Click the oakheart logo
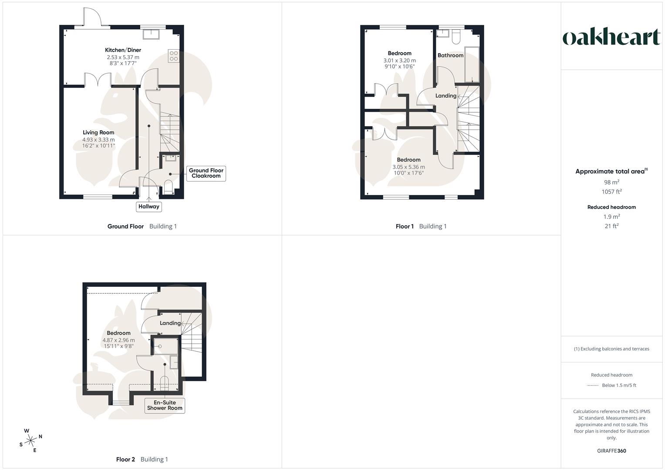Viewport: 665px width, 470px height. tap(611, 37)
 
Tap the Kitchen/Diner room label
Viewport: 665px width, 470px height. tap(123, 50)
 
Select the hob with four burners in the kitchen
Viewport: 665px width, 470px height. tap(173, 56)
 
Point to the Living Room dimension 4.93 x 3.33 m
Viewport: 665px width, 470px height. tap(98, 140)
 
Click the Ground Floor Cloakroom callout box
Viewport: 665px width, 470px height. tap(206, 173)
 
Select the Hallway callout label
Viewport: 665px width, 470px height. tap(149, 207)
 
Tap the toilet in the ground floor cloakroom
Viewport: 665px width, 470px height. tap(168, 188)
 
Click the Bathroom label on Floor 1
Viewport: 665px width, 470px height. tap(450, 55)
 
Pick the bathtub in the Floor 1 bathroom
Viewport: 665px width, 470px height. tap(472, 64)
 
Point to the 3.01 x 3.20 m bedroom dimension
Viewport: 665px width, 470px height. tap(399, 60)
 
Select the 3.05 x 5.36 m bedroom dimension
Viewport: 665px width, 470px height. tap(408, 167)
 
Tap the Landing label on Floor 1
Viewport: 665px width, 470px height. tap(446, 96)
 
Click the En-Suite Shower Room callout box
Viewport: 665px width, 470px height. tap(165, 406)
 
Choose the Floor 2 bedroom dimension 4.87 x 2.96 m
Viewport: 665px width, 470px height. tap(118, 340)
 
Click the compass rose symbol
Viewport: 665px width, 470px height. tap(30, 440)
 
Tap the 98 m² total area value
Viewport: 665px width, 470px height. tap(611, 182)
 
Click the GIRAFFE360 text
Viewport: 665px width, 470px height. tap(611, 451)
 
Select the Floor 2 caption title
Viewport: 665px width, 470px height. tap(125, 460)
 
